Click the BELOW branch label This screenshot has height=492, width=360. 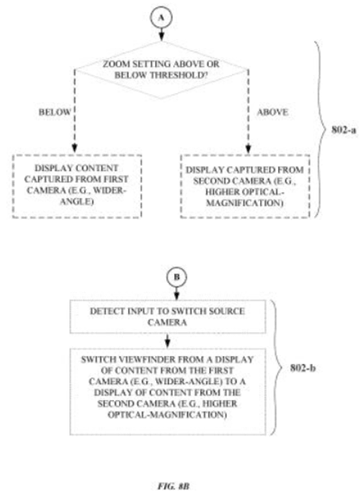[x=55, y=112]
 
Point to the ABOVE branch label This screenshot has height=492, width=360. [x=272, y=112]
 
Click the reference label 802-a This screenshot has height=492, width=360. [x=344, y=129]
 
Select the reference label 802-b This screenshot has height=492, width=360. [x=303, y=368]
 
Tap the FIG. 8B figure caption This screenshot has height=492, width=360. [x=173, y=486]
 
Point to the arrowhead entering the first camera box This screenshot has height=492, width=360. [x=74, y=148]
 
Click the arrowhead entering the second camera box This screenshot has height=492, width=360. [x=248, y=148]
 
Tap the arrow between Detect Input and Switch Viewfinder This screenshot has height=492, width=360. [x=168, y=341]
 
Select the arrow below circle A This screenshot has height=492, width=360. [x=161, y=34]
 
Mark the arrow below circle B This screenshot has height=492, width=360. [x=177, y=293]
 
